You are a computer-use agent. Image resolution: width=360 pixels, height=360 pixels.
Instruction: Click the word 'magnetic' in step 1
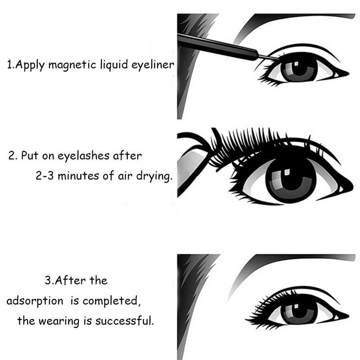[72, 65]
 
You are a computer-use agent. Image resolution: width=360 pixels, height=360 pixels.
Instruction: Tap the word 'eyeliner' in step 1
[153, 64]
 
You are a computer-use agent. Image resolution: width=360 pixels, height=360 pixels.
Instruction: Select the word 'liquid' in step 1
[114, 64]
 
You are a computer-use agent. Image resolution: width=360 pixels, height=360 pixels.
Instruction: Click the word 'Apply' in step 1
[30, 65]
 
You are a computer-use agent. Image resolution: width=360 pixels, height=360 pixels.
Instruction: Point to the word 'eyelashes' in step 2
[83, 156]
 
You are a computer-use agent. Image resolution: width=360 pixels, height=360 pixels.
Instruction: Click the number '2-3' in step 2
[45, 176]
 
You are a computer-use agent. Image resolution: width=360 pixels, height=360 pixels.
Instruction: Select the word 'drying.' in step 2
[154, 176]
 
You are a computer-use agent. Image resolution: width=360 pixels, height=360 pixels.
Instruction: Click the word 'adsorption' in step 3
[35, 301]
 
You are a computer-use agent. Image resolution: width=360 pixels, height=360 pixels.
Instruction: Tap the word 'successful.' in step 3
[124, 320]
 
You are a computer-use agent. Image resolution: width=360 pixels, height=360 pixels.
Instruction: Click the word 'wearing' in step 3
[58, 321]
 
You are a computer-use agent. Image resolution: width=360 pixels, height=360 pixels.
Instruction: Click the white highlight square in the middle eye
[287, 172]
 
